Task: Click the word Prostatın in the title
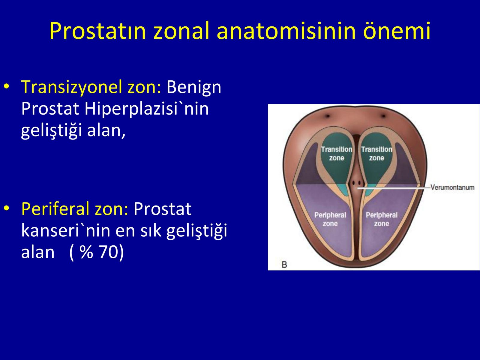tap(98, 31)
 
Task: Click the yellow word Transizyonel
tap(71, 87)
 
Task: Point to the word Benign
tap(194, 87)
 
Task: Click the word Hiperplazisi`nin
tap(146, 109)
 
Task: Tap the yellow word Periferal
tap(55, 209)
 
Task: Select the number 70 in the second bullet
tap(109, 252)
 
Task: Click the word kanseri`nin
tap(66, 231)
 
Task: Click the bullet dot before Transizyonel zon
tap(7, 86)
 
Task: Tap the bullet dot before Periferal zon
tap(7, 208)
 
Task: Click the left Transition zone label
tap(337, 153)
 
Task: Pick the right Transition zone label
tap(376, 153)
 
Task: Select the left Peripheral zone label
tap(330, 219)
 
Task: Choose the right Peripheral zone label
tap(382, 219)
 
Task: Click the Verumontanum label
tap(452, 187)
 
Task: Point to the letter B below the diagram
tap(284, 265)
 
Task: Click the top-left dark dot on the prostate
tap(328, 116)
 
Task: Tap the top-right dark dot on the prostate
tap(383, 116)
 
